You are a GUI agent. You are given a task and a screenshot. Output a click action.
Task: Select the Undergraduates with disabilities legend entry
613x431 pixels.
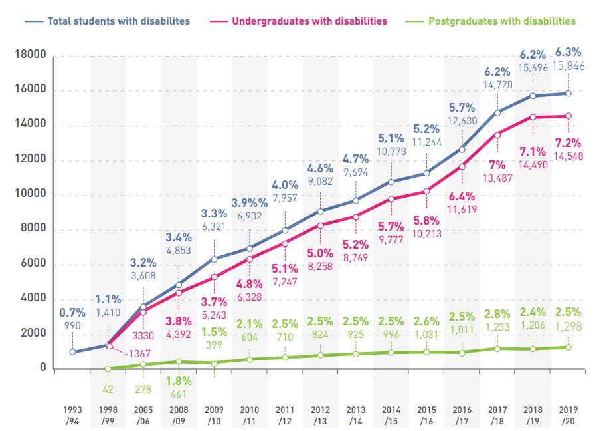(x=309, y=21)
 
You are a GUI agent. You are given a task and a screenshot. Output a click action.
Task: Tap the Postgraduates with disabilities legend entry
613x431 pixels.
(x=502, y=21)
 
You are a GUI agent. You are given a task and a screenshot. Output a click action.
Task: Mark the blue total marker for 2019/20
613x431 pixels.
(x=568, y=93)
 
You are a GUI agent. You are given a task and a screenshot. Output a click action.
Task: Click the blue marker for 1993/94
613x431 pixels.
(x=72, y=351)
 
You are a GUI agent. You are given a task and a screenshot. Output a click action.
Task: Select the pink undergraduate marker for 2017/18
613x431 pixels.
(x=497, y=134)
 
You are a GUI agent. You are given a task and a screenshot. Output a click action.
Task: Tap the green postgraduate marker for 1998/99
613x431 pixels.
(x=108, y=368)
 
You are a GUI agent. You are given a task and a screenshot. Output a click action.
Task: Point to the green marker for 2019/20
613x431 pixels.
(x=568, y=347)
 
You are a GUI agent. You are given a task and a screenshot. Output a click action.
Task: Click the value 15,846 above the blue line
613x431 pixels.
(x=569, y=65)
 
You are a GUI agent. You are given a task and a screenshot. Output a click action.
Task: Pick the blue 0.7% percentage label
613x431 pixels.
(x=72, y=312)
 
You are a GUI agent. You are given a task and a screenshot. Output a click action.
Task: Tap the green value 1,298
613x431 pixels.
(x=568, y=325)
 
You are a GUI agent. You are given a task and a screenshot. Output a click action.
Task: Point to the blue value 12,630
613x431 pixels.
(x=462, y=120)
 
